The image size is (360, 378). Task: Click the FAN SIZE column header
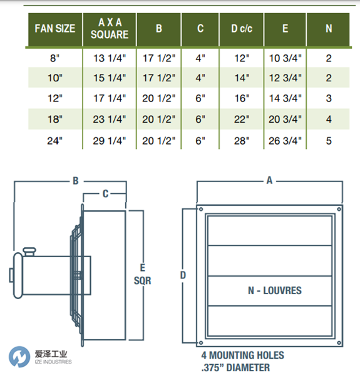point(55,28)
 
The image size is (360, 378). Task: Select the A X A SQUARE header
point(110,28)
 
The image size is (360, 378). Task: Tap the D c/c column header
point(242,28)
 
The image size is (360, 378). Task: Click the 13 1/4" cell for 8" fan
point(110,58)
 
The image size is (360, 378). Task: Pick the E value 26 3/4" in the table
point(285,141)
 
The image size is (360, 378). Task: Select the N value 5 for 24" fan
point(329,141)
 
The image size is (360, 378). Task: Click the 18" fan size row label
point(55,119)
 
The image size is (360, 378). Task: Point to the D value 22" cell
point(242,119)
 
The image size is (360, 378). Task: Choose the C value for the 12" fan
point(200,98)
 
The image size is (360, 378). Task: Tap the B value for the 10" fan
point(159,78)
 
